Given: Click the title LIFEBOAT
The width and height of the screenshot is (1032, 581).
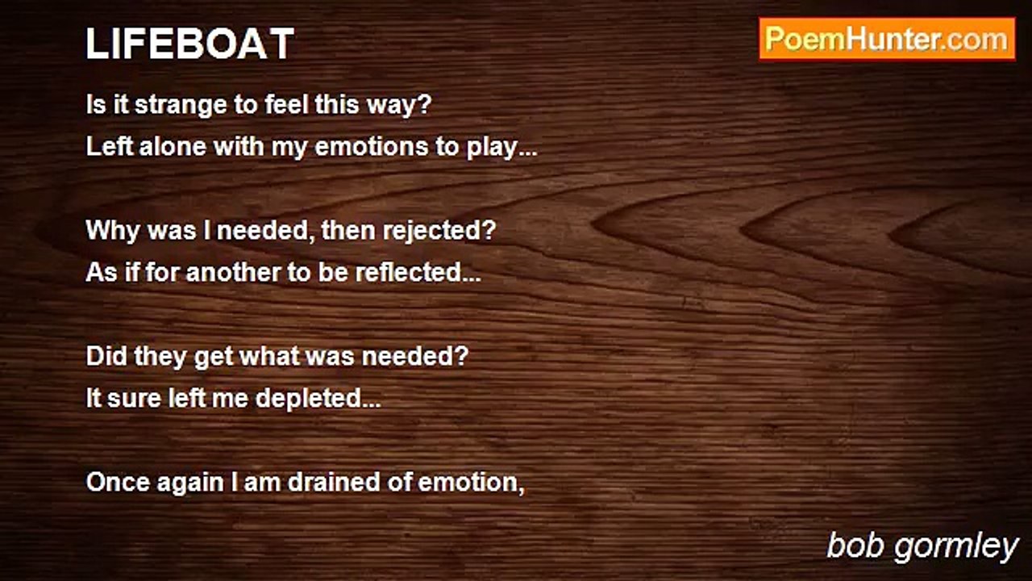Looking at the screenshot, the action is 189,44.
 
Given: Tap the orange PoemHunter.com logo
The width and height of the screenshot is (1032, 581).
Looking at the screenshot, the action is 888,40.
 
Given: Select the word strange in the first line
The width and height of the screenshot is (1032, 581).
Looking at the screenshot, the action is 182,106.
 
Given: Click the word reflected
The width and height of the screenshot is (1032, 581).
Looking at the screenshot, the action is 418,272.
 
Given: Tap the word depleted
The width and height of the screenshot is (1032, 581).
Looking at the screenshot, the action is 318,399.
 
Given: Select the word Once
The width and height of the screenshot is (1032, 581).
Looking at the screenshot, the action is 118,483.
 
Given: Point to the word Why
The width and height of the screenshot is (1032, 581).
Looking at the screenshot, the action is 113,231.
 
